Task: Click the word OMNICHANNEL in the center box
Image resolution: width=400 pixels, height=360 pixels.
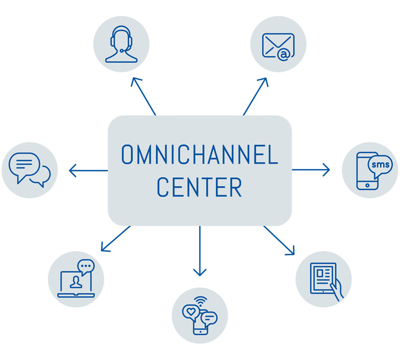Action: [200, 155]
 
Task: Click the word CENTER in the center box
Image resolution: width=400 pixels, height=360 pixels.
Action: [200, 187]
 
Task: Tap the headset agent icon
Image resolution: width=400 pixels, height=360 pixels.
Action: [121, 44]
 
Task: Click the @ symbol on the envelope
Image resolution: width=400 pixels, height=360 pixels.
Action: [283, 55]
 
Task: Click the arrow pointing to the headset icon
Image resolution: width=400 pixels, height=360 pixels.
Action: [143, 96]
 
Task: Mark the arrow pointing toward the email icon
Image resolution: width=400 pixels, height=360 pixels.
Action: [255, 96]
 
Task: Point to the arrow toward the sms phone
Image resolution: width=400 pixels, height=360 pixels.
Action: [311, 170]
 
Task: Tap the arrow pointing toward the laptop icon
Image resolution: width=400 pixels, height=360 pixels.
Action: [115, 239]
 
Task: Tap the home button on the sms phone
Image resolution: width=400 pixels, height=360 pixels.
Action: [367, 186]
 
